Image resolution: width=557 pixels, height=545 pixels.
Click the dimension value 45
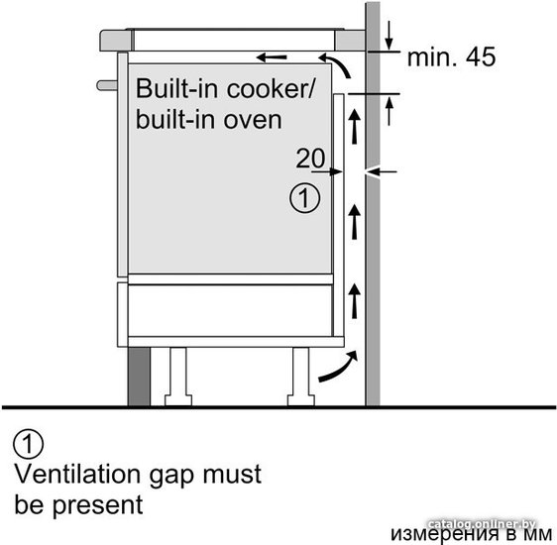point(481,56)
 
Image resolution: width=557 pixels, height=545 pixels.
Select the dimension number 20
point(310,159)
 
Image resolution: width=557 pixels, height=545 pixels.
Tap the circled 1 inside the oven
point(305,198)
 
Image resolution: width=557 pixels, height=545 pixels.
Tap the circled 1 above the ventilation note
point(29,444)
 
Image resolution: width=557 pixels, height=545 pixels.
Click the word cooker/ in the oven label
point(271,89)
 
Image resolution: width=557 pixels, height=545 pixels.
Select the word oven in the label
point(253,121)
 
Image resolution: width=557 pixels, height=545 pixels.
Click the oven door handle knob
point(107,85)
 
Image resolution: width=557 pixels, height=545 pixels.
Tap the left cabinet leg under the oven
point(178,377)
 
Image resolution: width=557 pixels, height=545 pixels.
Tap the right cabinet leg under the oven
point(301,377)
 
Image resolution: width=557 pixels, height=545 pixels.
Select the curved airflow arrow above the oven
point(337,63)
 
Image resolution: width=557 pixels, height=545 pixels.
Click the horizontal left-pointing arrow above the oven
point(272,57)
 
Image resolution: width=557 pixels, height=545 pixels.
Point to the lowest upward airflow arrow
point(354,301)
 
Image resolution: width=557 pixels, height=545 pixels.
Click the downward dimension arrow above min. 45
point(390,35)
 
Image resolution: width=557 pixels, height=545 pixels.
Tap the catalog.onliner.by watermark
point(482,524)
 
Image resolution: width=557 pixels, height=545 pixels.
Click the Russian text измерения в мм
point(472,535)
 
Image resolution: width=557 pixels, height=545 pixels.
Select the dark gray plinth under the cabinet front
point(139,377)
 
